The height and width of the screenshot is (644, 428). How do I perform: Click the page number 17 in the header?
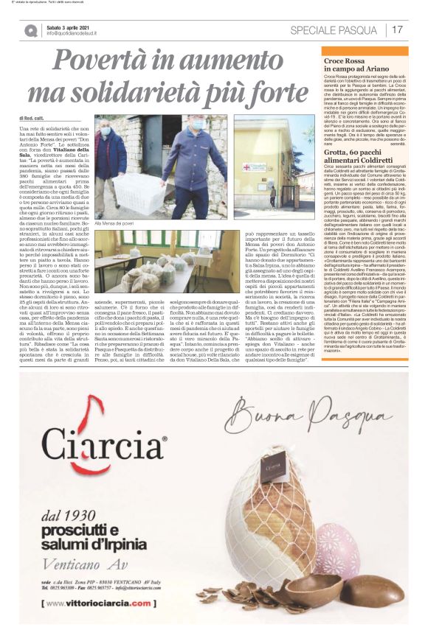(x=397, y=29)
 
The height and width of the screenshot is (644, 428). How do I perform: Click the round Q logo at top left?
(x=30, y=30)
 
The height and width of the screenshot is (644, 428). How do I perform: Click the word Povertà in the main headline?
(x=103, y=61)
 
